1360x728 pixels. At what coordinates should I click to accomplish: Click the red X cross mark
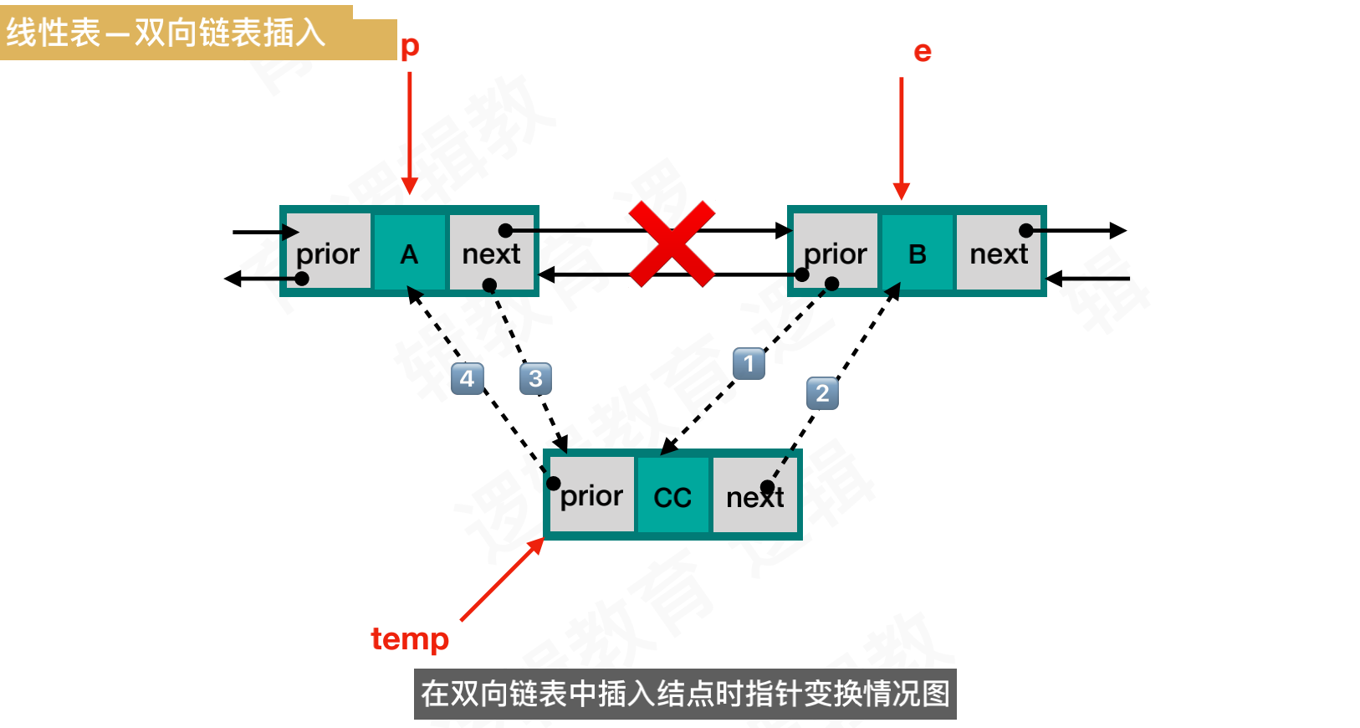tap(672, 244)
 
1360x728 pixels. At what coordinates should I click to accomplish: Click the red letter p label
tap(410, 46)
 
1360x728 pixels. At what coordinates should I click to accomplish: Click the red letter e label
tap(923, 52)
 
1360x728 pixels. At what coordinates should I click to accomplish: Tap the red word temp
tap(410, 638)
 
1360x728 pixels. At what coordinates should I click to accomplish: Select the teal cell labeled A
tap(409, 253)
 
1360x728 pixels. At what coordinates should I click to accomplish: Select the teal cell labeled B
tap(917, 253)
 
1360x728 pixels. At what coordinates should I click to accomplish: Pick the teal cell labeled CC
tap(672, 496)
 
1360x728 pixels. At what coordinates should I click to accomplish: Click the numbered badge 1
tap(749, 363)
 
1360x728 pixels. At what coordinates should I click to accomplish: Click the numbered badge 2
tap(822, 393)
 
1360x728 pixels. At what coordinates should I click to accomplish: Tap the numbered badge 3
tap(535, 378)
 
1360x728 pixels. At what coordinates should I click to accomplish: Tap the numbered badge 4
tap(467, 378)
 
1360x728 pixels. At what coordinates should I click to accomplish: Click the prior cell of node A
tap(329, 253)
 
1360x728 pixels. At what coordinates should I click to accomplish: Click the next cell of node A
tap(491, 253)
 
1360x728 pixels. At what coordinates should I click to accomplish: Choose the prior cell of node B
tap(836, 253)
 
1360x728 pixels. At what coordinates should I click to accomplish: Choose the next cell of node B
tap(999, 253)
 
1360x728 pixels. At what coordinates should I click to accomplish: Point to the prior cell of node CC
tap(592, 495)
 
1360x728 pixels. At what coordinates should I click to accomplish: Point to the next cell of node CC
tap(754, 496)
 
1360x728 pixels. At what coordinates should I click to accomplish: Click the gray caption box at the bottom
tap(685, 694)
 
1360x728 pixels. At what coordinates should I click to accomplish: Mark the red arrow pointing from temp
tap(502, 580)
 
